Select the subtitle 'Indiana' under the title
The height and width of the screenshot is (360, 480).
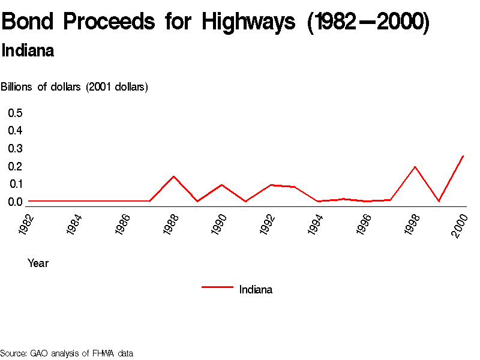(28, 51)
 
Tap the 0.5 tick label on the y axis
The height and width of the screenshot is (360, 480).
(15, 113)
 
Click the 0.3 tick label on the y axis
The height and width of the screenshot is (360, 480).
(15, 148)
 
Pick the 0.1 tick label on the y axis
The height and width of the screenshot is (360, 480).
(15, 184)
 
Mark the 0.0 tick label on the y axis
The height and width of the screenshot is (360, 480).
(15, 202)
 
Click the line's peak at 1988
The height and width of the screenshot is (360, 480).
(173, 176)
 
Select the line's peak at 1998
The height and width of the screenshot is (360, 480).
(415, 167)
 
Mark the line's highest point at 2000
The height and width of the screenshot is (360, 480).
(463, 156)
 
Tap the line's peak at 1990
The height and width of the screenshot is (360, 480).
(221, 185)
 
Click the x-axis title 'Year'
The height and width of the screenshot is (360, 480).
(38, 263)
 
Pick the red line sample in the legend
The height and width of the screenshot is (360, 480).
(217, 287)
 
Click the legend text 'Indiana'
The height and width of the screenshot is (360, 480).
(256, 290)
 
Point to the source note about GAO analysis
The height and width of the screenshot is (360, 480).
(67, 353)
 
